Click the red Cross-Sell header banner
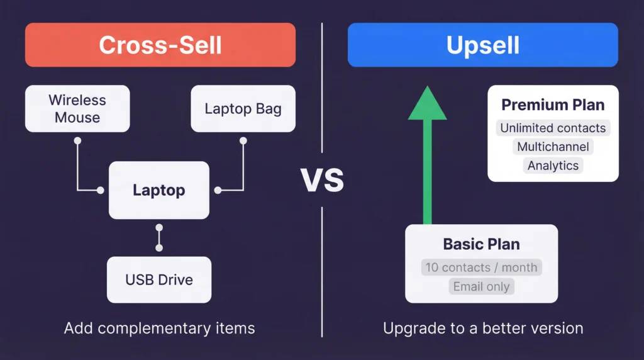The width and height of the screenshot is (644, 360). (x=160, y=45)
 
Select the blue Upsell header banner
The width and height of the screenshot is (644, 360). (x=482, y=45)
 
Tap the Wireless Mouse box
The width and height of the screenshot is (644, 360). (x=77, y=108)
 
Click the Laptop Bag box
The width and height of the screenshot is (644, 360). (x=243, y=108)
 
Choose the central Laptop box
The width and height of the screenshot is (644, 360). (x=158, y=190)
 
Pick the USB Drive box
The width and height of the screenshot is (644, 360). (x=158, y=279)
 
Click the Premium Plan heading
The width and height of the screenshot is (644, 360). (x=553, y=104)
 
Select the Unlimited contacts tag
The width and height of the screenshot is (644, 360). (x=553, y=128)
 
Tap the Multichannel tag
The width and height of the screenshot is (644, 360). (x=553, y=147)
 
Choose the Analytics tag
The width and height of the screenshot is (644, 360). (x=553, y=166)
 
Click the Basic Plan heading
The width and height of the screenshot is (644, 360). (x=481, y=244)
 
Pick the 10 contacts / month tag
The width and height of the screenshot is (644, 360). (x=481, y=267)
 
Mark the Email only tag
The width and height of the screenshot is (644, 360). (x=481, y=287)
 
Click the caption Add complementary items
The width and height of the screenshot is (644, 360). (x=159, y=328)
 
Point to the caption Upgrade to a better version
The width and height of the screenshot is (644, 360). (x=483, y=328)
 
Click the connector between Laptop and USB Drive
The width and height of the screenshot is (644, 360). (x=159, y=238)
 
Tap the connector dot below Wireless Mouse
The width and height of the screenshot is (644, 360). (x=77, y=141)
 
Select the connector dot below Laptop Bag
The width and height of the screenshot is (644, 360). (x=243, y=141)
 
